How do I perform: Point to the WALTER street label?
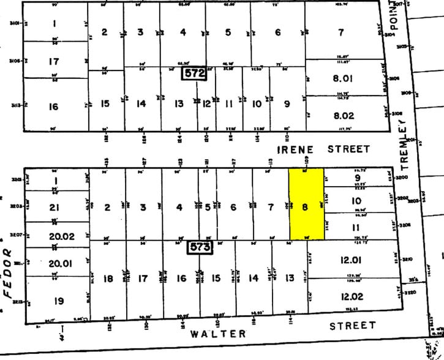pyautogui.click(x=217, y=334)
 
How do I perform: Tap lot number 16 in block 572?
pyautogui.click(x=53, y=107)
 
